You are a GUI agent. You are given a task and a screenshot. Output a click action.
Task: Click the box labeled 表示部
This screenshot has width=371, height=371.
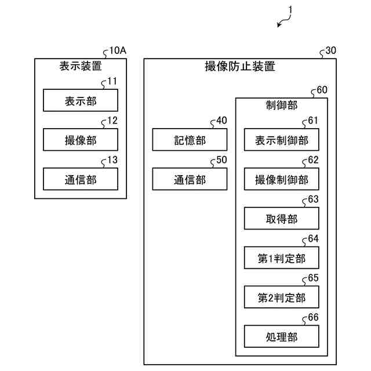click(81, 100)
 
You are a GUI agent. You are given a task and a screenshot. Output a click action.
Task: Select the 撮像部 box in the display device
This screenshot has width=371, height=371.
click(81, 140)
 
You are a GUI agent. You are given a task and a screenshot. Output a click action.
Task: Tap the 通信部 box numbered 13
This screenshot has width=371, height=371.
click(81, 179)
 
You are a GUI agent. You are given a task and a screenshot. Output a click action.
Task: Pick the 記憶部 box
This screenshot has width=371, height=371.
click(190, 140)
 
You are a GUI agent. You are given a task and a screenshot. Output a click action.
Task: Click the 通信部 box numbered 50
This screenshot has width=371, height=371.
click(190, 179)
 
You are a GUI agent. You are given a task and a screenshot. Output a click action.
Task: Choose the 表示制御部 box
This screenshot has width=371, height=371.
click(282, 140)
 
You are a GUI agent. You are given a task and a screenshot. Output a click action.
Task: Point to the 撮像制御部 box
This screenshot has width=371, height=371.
click(282, 179)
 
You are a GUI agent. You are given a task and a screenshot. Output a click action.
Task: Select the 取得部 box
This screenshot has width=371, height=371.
click(282, 218)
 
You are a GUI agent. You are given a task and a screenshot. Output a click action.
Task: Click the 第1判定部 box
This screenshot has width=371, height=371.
click(282, 257)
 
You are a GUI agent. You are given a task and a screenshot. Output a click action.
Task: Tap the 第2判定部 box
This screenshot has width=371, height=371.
click(282, 297)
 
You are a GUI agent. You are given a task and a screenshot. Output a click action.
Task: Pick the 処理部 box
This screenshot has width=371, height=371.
click(282, 336)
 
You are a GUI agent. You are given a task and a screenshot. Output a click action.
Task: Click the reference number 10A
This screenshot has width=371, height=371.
click(118, 50)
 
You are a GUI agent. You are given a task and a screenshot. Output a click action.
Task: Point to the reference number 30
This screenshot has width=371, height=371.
click(331, 50)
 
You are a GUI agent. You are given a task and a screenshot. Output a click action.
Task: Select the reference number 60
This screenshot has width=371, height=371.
click(322, 90)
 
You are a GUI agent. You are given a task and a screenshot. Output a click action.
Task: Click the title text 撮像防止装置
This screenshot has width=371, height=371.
click(240, 66)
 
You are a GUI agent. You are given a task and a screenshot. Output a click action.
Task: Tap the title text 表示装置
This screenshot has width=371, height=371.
click(81, 66)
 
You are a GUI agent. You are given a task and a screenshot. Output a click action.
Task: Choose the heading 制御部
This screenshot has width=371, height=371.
click(282, 106)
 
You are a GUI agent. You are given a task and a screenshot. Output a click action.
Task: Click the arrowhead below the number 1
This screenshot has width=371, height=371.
click(279, 24)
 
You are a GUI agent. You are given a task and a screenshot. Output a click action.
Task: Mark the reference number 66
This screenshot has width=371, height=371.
click(313, 317)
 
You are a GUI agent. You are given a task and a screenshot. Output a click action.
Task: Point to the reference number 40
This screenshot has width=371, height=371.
click(221, 121)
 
